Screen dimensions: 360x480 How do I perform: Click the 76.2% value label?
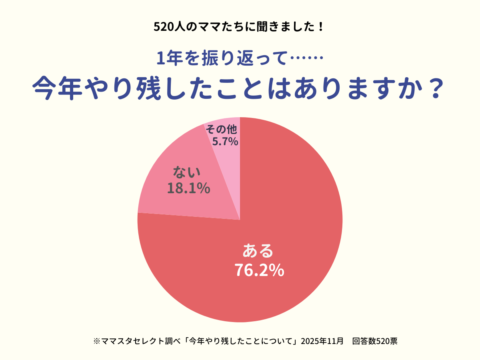point(259,270)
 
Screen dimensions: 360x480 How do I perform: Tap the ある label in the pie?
point(258,251)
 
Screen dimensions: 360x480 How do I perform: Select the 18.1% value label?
point(188,188)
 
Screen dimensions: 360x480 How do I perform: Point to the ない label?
point(186,172)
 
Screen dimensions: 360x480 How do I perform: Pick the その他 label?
point(222,130)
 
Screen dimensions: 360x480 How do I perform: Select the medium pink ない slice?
point(180,204)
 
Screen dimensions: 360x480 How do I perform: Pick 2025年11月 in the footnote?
point(322,341)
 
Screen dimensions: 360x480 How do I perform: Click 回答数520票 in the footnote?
point(375,341)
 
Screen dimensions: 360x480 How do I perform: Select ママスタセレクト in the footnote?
point(128,341)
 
